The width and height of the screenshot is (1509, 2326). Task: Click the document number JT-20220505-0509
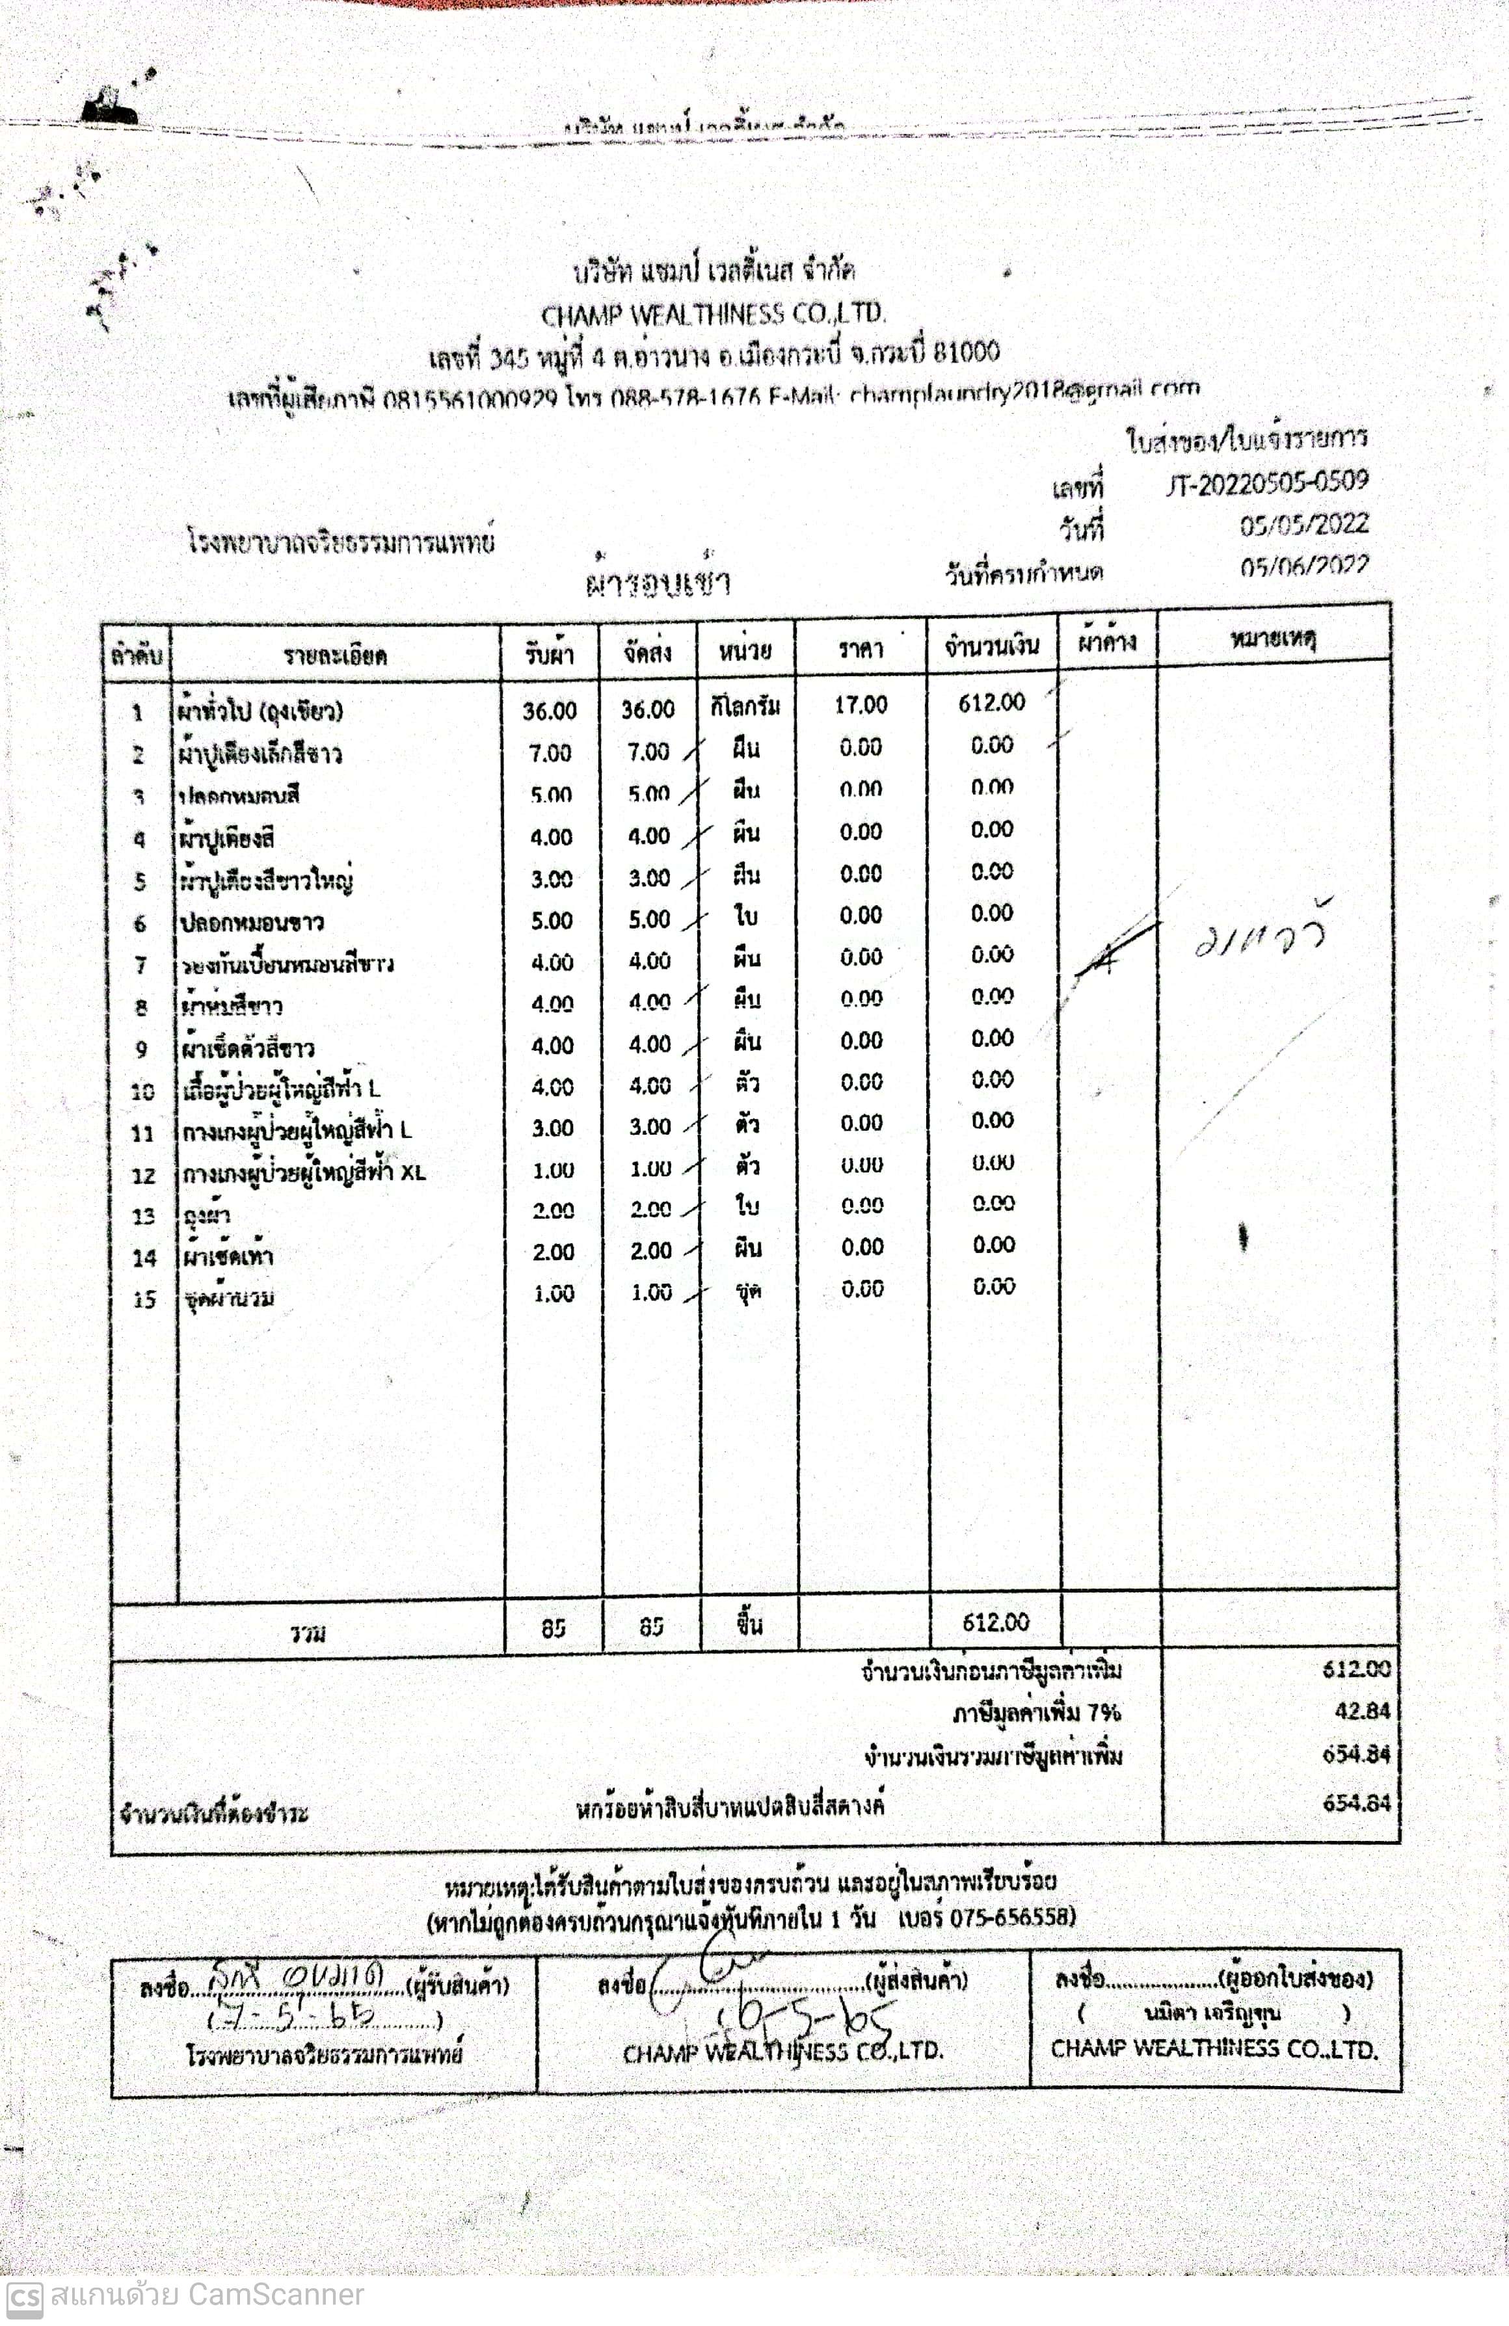click(x=1266, y=482)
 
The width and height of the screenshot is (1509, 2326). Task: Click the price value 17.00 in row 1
click(x=860, y=705)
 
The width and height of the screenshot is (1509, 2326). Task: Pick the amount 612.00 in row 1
click(x=991, y=703)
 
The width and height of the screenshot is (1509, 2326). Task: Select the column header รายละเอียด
click(x=335, y=655)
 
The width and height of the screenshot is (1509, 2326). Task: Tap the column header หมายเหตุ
click(x=1272, y=640)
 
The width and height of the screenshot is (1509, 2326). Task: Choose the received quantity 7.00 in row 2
click(x=550, y=752)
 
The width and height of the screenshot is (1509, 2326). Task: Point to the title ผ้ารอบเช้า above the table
click(x=657, y=583)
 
